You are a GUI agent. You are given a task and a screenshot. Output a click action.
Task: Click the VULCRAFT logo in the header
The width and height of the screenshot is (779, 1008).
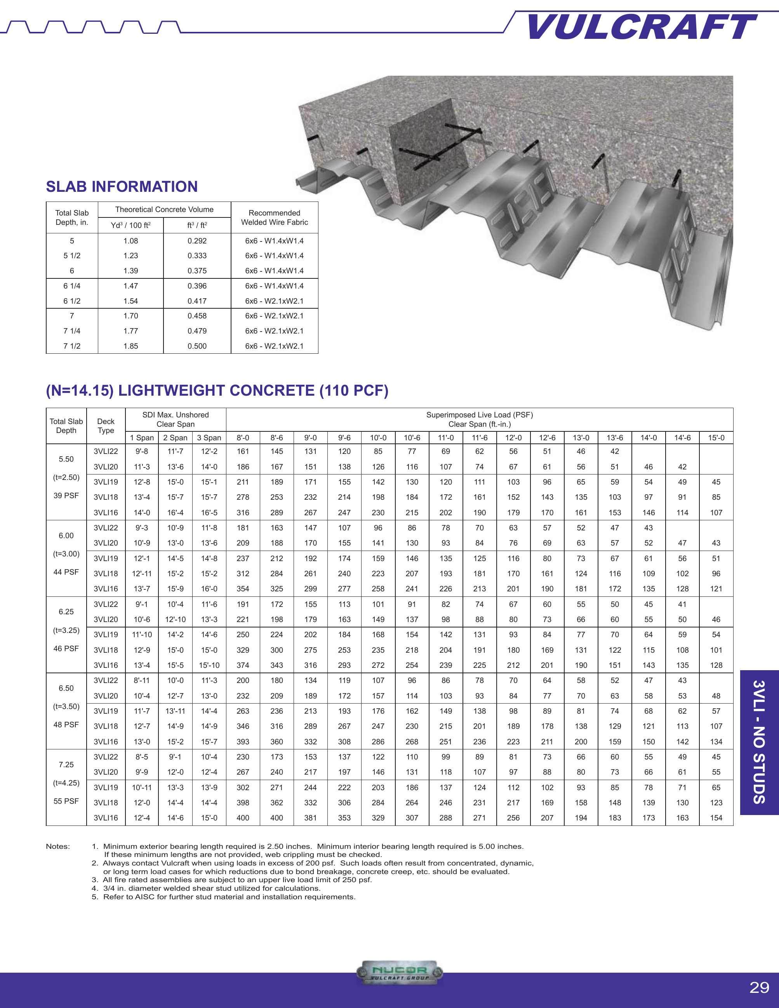[x=642, y=27]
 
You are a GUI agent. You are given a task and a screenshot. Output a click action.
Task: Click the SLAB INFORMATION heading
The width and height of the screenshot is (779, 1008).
[x=122, y=186]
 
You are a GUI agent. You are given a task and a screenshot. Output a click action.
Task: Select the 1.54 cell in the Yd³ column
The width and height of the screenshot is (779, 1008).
[x=130, y=301]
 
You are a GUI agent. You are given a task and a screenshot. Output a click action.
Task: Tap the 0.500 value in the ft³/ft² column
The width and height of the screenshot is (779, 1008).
[x=197, y=346]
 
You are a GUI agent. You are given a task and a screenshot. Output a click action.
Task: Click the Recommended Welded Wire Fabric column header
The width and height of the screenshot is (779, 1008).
[x=274, y=217]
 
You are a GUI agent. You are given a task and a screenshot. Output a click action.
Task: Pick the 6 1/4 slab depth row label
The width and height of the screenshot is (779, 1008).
[x=72, y=286]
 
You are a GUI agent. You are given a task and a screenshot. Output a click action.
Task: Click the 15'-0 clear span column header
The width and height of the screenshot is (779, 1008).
[x=716, y=438]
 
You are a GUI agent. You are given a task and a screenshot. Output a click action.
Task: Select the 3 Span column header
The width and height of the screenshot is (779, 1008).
[x=209, y=438]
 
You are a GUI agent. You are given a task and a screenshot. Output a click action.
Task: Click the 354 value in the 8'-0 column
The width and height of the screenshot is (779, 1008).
[x=243, y=589]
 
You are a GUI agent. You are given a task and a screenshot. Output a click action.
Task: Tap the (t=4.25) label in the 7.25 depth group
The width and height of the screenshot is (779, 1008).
[x=66, y=783]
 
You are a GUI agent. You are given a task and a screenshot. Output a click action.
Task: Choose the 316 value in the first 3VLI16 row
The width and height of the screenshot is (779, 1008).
[x=243, y=513]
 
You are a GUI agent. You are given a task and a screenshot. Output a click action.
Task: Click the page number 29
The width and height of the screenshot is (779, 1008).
[x=759, y=987]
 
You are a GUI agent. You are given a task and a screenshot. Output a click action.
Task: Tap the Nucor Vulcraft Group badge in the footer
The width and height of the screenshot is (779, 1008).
[x=400, y=972]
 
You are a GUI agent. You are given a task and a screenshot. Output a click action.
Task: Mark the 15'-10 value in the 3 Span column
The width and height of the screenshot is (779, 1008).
[x=209, y=665]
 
